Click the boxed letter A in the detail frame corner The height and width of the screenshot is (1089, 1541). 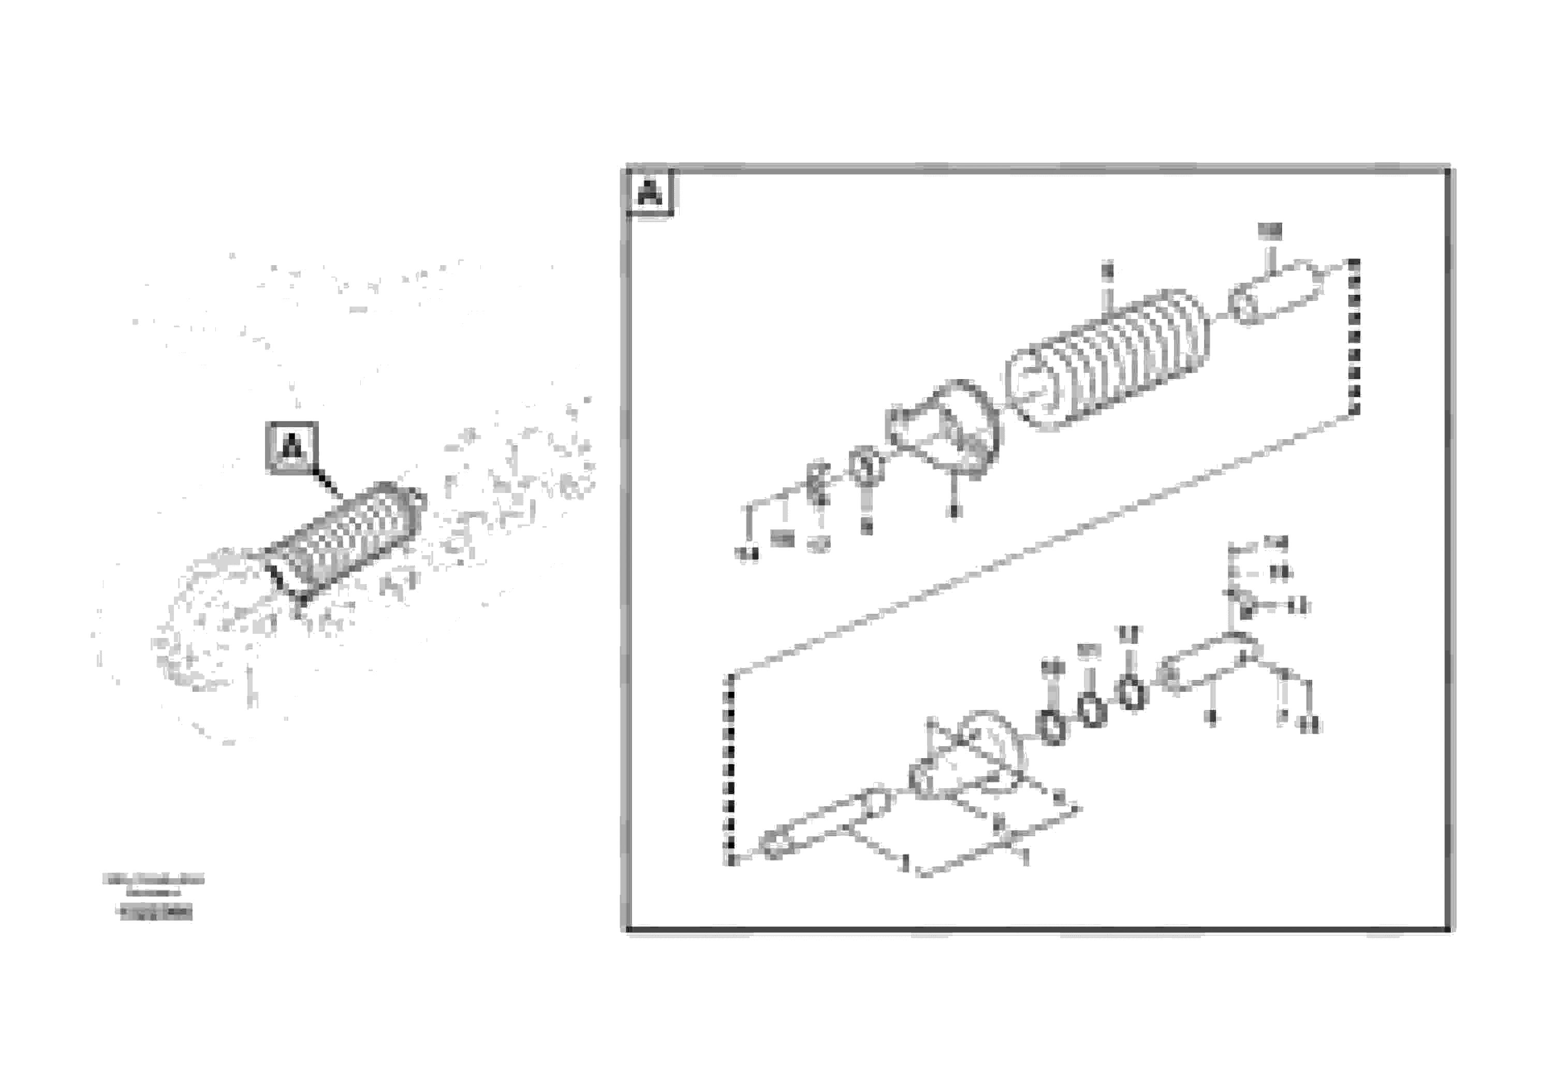tap(649, 193)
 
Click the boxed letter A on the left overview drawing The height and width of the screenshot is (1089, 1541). tap(292, 446)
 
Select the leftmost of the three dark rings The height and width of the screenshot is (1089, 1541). tap(1052, 726)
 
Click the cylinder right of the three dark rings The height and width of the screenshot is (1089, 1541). tap(1208, 665)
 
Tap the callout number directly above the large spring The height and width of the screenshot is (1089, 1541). tap(1107, 272)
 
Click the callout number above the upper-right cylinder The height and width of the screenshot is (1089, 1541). tap(1269, 231)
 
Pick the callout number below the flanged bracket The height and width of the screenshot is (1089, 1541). tap(953, 512)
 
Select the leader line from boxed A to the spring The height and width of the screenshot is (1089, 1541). tap(329, 484)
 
